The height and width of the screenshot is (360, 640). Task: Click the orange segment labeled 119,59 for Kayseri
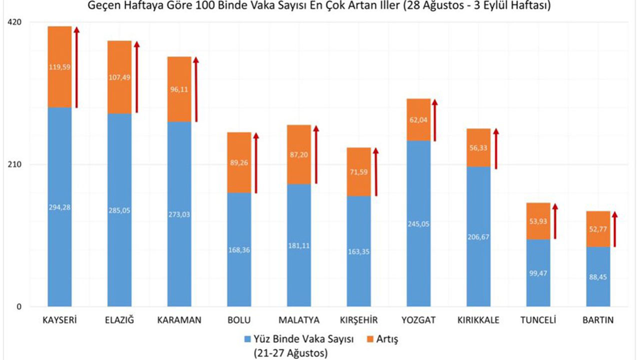click(59, 66)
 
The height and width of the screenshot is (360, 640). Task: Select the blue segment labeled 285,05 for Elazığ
click(119, 210)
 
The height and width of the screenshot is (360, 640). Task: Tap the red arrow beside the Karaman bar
click(196, 89)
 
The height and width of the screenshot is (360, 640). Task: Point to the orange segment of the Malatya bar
click(299, 154)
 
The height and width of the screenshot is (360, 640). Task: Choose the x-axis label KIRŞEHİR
click(358, 320)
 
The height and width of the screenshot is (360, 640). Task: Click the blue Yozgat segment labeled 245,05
click(418, 223)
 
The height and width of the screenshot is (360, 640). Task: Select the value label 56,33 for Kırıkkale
click(478, 148)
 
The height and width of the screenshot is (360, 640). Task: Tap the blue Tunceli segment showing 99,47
click(538, 273)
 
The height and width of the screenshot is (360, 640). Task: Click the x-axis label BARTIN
click(598, 320)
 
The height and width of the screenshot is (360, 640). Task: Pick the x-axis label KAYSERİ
click(59, 320)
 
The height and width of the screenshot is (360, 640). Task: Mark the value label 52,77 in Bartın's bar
click(598, 229)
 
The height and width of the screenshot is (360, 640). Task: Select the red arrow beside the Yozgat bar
click(435, 120)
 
